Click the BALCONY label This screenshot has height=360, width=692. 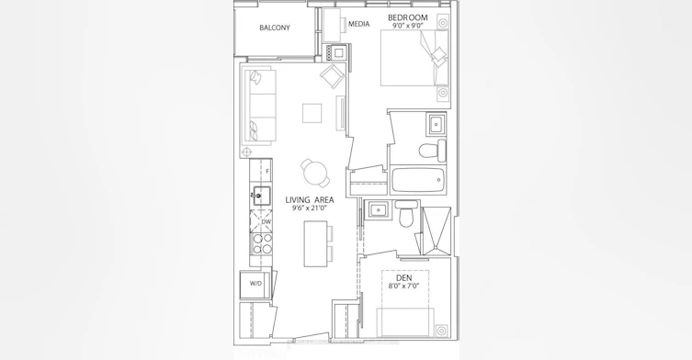click(275, 28)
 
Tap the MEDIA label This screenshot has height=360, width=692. click(358, 24)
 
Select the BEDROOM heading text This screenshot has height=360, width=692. click(408, 17)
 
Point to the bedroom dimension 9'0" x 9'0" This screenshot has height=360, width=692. click(408, 26)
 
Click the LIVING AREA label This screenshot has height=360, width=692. click(310, 200)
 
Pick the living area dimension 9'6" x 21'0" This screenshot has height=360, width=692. click(310, 208)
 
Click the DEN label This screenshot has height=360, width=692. click(404, 277)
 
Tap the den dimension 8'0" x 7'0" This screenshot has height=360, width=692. click(404, 286)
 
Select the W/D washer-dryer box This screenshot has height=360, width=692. click(255, 285)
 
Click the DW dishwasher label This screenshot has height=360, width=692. click(267, 222)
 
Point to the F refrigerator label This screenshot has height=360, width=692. click(267, 171)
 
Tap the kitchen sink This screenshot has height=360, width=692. click(262, 196)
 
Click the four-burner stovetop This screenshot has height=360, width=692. click(261, 244)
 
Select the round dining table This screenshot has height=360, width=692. click(315, 173)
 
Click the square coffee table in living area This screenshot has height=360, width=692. click(312, 113)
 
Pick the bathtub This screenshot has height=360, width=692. click(418, 180)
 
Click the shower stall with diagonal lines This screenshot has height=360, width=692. click(436, 231)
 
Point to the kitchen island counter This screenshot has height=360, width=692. click(315, 243)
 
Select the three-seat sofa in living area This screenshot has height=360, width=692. click(259, 107)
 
